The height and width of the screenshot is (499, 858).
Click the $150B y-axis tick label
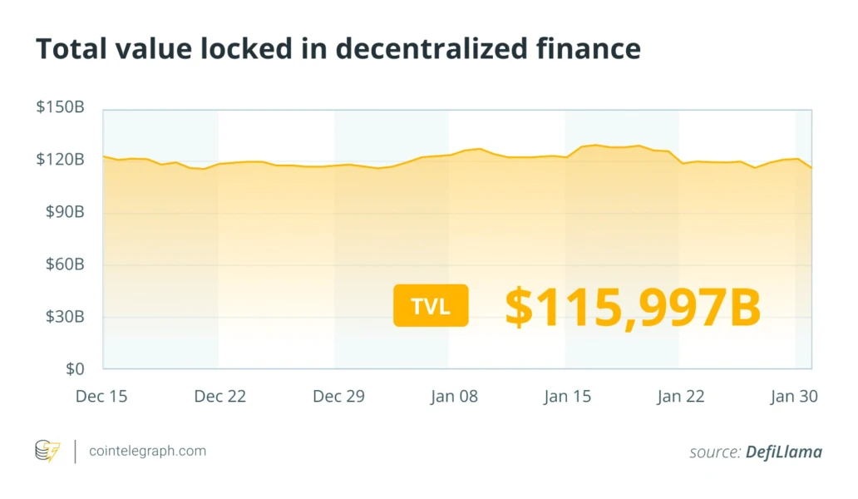pyautogui.click(x=60, y=107)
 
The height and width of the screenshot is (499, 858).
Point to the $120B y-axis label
pyautogui.click(x=60, y=159)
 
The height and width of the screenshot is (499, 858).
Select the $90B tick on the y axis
pyautogui.click(x=63, y=212)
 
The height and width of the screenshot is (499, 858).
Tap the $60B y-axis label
pyautogui.click(x=63, y=264)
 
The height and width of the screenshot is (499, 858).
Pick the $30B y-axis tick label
pyautogui.click(x=63, y=317)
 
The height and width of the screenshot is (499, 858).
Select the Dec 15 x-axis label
pyautogui.click(x=101, y=397)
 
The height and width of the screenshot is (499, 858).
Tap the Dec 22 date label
pyautogui.click(x=220, y=397)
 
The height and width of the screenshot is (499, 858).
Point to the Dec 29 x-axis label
pyautogui.click(x=338, y=397)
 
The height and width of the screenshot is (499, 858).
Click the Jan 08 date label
pyautogui.click(x=454, y=397)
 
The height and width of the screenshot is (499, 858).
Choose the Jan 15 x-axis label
pyautogui.click(x=568, y=397)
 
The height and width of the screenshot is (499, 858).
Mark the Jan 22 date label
pyautogui.click(x=681, y=397)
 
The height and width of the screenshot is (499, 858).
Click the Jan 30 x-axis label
pyautogui.click(x=794, y=397)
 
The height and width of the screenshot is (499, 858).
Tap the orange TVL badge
pyautogui.click(x=431, y=305)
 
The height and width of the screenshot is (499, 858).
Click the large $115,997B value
pyautogui.click(x=633, y=306)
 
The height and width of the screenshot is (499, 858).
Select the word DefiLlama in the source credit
pyautogui.click(x=784, y=452)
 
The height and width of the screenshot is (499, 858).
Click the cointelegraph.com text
pyautogui.click(x=146, y=452)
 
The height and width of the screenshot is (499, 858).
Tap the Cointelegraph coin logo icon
pyautogui.click(x=47, y=452)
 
